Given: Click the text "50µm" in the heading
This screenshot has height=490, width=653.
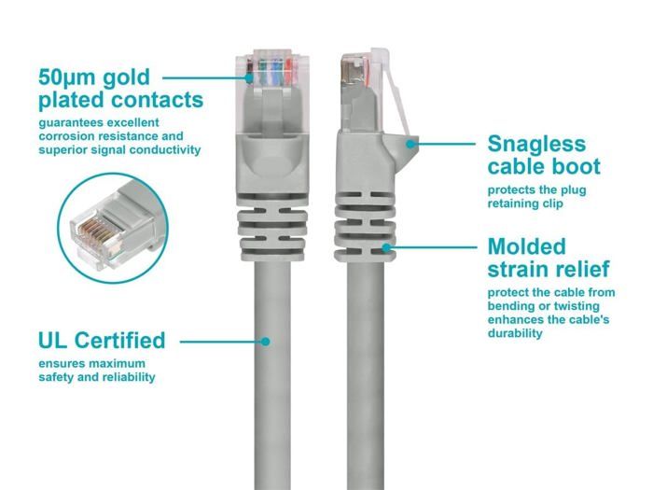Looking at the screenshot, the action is (66, 77).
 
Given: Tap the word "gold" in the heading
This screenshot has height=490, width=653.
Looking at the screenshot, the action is (126, 78).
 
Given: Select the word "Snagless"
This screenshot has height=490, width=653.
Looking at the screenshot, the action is (536, 145).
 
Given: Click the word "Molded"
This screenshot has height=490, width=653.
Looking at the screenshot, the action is (527, 246).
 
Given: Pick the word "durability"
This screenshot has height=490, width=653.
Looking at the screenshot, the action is (515, 333).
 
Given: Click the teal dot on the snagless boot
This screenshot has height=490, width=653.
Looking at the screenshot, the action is (410, 144).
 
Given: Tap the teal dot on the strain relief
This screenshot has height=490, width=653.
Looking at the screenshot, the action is (386, 248).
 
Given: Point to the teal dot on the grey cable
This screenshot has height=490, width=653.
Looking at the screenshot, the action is (265, 342).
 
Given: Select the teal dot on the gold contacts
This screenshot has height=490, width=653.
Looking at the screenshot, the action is (249, 77).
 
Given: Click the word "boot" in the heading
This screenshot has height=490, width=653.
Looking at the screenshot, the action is (575, 166).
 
